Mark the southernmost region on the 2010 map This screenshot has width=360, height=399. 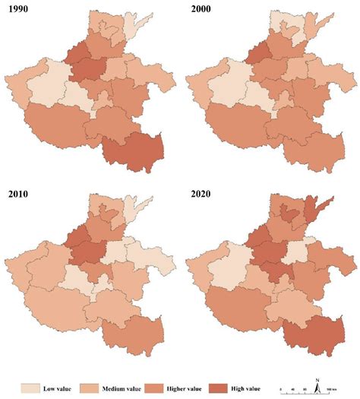click(133, 334)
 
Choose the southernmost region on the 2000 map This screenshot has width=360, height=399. click(315, 148)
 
